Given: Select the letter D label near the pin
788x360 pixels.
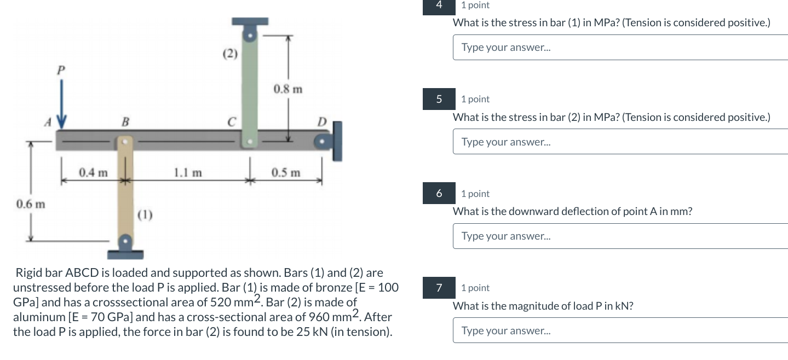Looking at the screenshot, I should (x=322, y=121).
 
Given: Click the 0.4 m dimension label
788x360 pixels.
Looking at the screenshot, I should (x=93, y=173).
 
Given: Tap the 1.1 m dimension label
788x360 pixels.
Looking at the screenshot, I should (x=188, y=173).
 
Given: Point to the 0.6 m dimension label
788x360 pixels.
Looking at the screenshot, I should (x=31, y=205).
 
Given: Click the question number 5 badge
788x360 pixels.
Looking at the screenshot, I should (x=439, y=99).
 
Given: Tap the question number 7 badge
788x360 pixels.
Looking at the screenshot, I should (x=439, y=288).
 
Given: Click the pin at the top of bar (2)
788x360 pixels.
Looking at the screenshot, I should (x=250, y=36).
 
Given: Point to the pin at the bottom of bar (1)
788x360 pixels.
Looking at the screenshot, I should (x=126, y=241).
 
